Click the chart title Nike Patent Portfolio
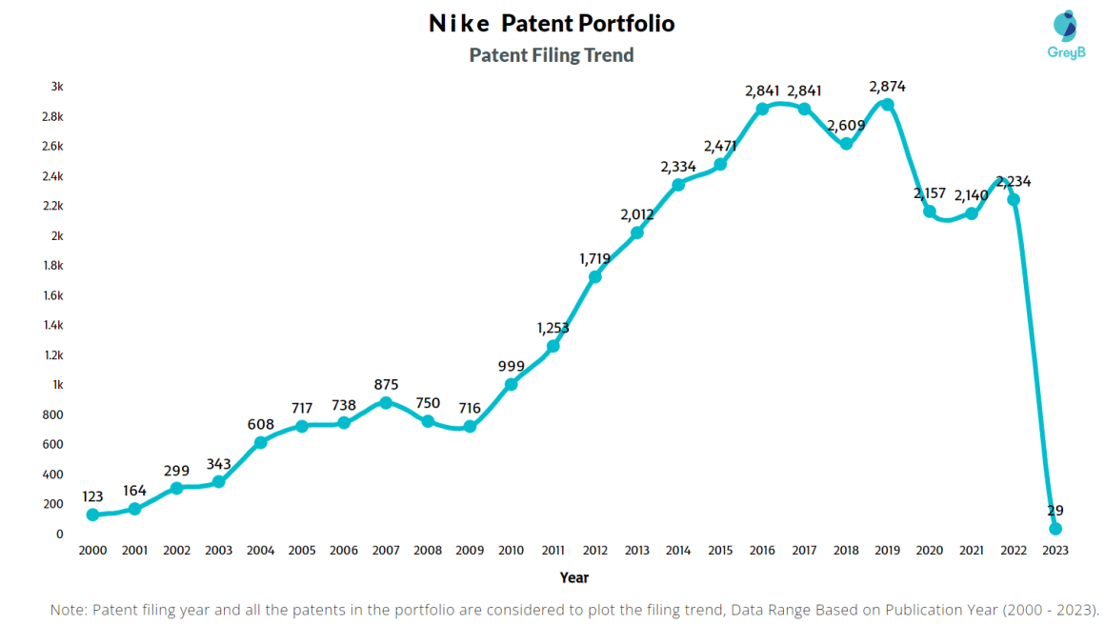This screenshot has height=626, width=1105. pyautogui.click(x=552, y=23)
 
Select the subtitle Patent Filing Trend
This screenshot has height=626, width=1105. pyautogui.click(x=552, y=55)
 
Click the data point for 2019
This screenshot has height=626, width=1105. pyautogui.click(x=888, y=104)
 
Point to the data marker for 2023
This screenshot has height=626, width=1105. pyautogui.click(x=1055, y=528)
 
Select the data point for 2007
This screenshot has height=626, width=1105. pyautogui.click(x=386, y=402)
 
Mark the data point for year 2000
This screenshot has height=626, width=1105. pyautogui.click(x=92, y=515)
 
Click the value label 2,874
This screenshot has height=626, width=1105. pyautogui.click(x=887, y=87)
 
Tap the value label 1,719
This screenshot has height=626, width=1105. pyautogui.click(x=594, y=258)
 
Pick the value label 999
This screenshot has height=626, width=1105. pyautogui.click(x=512, y=366)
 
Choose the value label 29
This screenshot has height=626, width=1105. pyautogui.click(x=1055, y=511)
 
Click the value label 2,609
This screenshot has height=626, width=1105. pyautogui.click(x=846, y=126)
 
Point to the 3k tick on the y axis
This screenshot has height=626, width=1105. pyautogui.click(x=57, y=87)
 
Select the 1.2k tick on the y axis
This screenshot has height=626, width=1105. pyautogui.click(x=53, y=355)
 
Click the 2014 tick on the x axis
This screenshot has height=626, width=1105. pyautogui.click(x=678, y=551)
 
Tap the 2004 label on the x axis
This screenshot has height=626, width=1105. pyautogui.click(x=260, y=551)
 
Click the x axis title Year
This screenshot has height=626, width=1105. pyautogui.click(x=573, y=577)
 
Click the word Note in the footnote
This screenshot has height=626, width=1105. pyautogui.click(x=68, y=610)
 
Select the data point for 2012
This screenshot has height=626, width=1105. pyautogui.click(x=594, y=276)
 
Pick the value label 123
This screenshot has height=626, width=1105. pyautogui.click(x=92, y=496)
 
